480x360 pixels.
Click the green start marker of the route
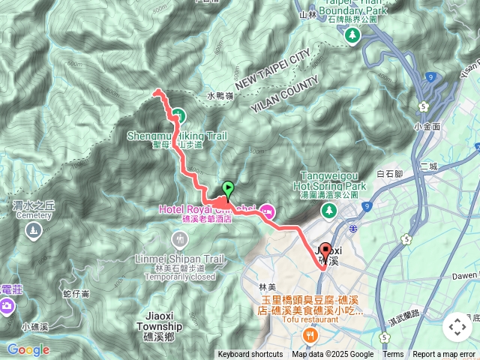coord(228,189)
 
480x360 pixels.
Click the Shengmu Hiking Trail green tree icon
coord(178,115)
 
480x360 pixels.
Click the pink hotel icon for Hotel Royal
coord(267,211)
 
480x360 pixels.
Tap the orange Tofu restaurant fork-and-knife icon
coord(307,334)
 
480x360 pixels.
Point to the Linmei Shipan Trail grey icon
coord(178,240)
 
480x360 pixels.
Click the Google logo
coord(28,349)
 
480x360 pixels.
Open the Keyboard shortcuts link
coord(250,355)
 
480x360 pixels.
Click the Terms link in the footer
coord(393,355)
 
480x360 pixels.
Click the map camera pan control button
coord(457,327)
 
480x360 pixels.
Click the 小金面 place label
coord(426,127)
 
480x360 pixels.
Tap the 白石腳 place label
coord(390,174)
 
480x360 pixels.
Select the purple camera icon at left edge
coord(6,305)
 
